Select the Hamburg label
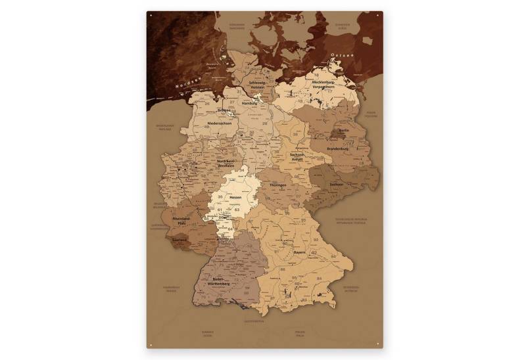(250, 103)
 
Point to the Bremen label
(224, 111)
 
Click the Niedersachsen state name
(220, 123)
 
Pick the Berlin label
(343, 130)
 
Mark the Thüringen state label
(278, 185)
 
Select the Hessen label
(235, 197)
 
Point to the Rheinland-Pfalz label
(180, 220)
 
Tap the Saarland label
(179, 240)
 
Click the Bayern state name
(300, 252)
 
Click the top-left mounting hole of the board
(151, 14)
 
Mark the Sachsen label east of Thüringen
(336, 185)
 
